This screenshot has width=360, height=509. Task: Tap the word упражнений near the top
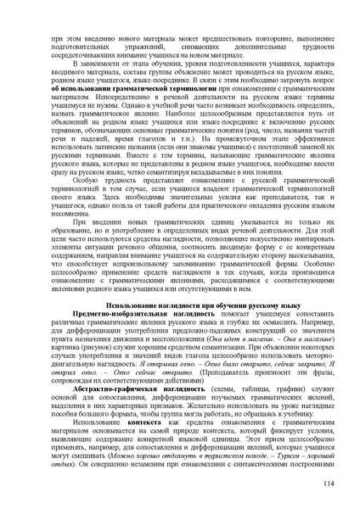coord(143,47)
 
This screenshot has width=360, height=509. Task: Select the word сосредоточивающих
coord(82,55)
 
